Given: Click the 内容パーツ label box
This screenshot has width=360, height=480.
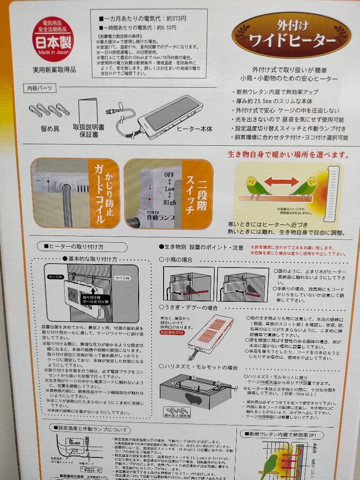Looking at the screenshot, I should coord(40,89).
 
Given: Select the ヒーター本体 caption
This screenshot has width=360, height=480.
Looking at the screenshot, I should coord(194,129).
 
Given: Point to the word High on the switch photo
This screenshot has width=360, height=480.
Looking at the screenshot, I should coord(169,202).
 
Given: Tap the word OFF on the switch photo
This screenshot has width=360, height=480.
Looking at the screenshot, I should coord(169,175).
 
